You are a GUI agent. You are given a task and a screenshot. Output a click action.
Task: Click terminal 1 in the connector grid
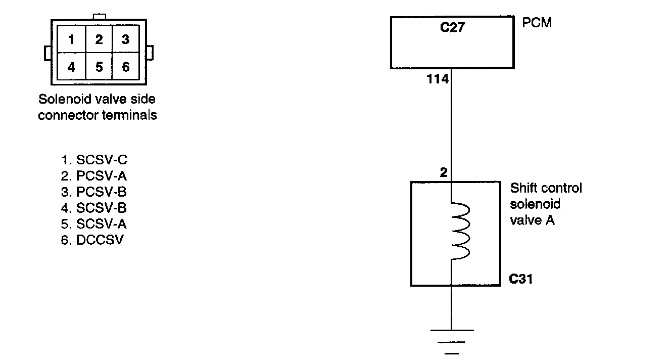(x=72, y=39)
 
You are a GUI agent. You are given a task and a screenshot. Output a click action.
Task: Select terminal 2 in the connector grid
(x=99, y=39)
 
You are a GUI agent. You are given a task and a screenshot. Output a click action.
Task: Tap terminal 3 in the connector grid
(x=126, y=39)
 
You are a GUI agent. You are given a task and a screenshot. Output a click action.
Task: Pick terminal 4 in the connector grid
(x=72, y=66)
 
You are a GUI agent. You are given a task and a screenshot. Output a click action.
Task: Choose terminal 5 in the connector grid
(x=99, y=66)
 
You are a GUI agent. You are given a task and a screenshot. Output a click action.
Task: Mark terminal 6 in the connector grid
(x=126, y=66)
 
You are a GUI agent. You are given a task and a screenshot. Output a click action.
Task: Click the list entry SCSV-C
(x=94, y=160)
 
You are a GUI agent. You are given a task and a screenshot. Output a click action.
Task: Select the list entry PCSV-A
(x=94, y=176)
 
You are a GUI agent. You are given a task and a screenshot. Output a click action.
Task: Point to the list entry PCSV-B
(x=94, y=192)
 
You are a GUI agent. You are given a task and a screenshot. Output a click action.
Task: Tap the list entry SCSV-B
(x=94, y=208)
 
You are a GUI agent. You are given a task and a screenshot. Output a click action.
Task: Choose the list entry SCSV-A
(x=94, y=224)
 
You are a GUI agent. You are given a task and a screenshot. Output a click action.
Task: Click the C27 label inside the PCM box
(x=452, y=27)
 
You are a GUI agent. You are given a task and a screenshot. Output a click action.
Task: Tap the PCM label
(x=537, y=23)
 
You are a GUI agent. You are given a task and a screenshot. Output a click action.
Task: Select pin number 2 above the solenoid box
(x=444, y=173)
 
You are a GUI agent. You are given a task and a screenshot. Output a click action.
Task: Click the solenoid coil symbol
(x=461, y=232)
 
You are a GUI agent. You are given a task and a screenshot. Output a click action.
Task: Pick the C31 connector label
(x=520, y=279)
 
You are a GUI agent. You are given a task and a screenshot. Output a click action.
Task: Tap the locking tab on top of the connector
(x=99, y=17)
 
